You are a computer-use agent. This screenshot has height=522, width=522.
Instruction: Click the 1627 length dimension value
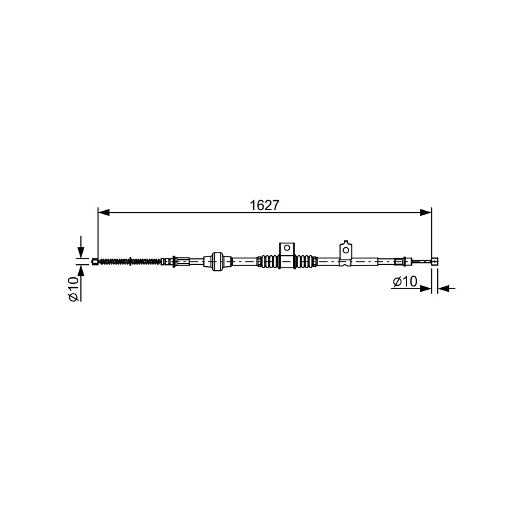point(265,206)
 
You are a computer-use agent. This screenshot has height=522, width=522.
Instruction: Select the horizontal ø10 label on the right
point(405,282)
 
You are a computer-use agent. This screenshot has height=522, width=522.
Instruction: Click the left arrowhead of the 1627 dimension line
point(104,213)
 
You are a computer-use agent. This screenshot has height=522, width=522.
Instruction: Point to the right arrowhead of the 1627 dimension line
point(426,213)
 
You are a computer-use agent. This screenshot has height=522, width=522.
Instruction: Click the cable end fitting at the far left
point(95,262)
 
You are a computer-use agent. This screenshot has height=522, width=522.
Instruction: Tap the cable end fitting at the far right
point(435,262)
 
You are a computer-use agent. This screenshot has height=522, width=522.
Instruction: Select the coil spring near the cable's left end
point(130,262)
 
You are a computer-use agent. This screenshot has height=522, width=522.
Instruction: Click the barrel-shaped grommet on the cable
point(217,262)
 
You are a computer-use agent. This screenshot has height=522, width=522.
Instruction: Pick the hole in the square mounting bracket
point(286,248)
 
